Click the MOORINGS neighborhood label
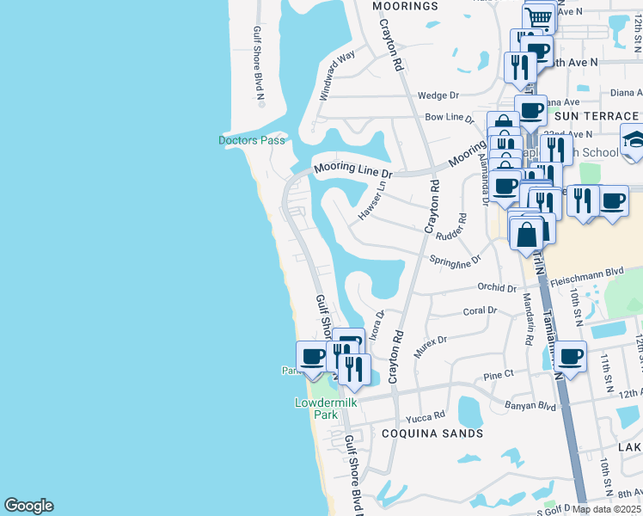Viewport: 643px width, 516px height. click(406, 6)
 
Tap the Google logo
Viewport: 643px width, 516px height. click(28, 506)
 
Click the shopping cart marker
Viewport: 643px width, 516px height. click(538, 16)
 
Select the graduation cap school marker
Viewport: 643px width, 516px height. click(633, 139)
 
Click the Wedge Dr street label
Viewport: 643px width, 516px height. click(438, 95)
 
